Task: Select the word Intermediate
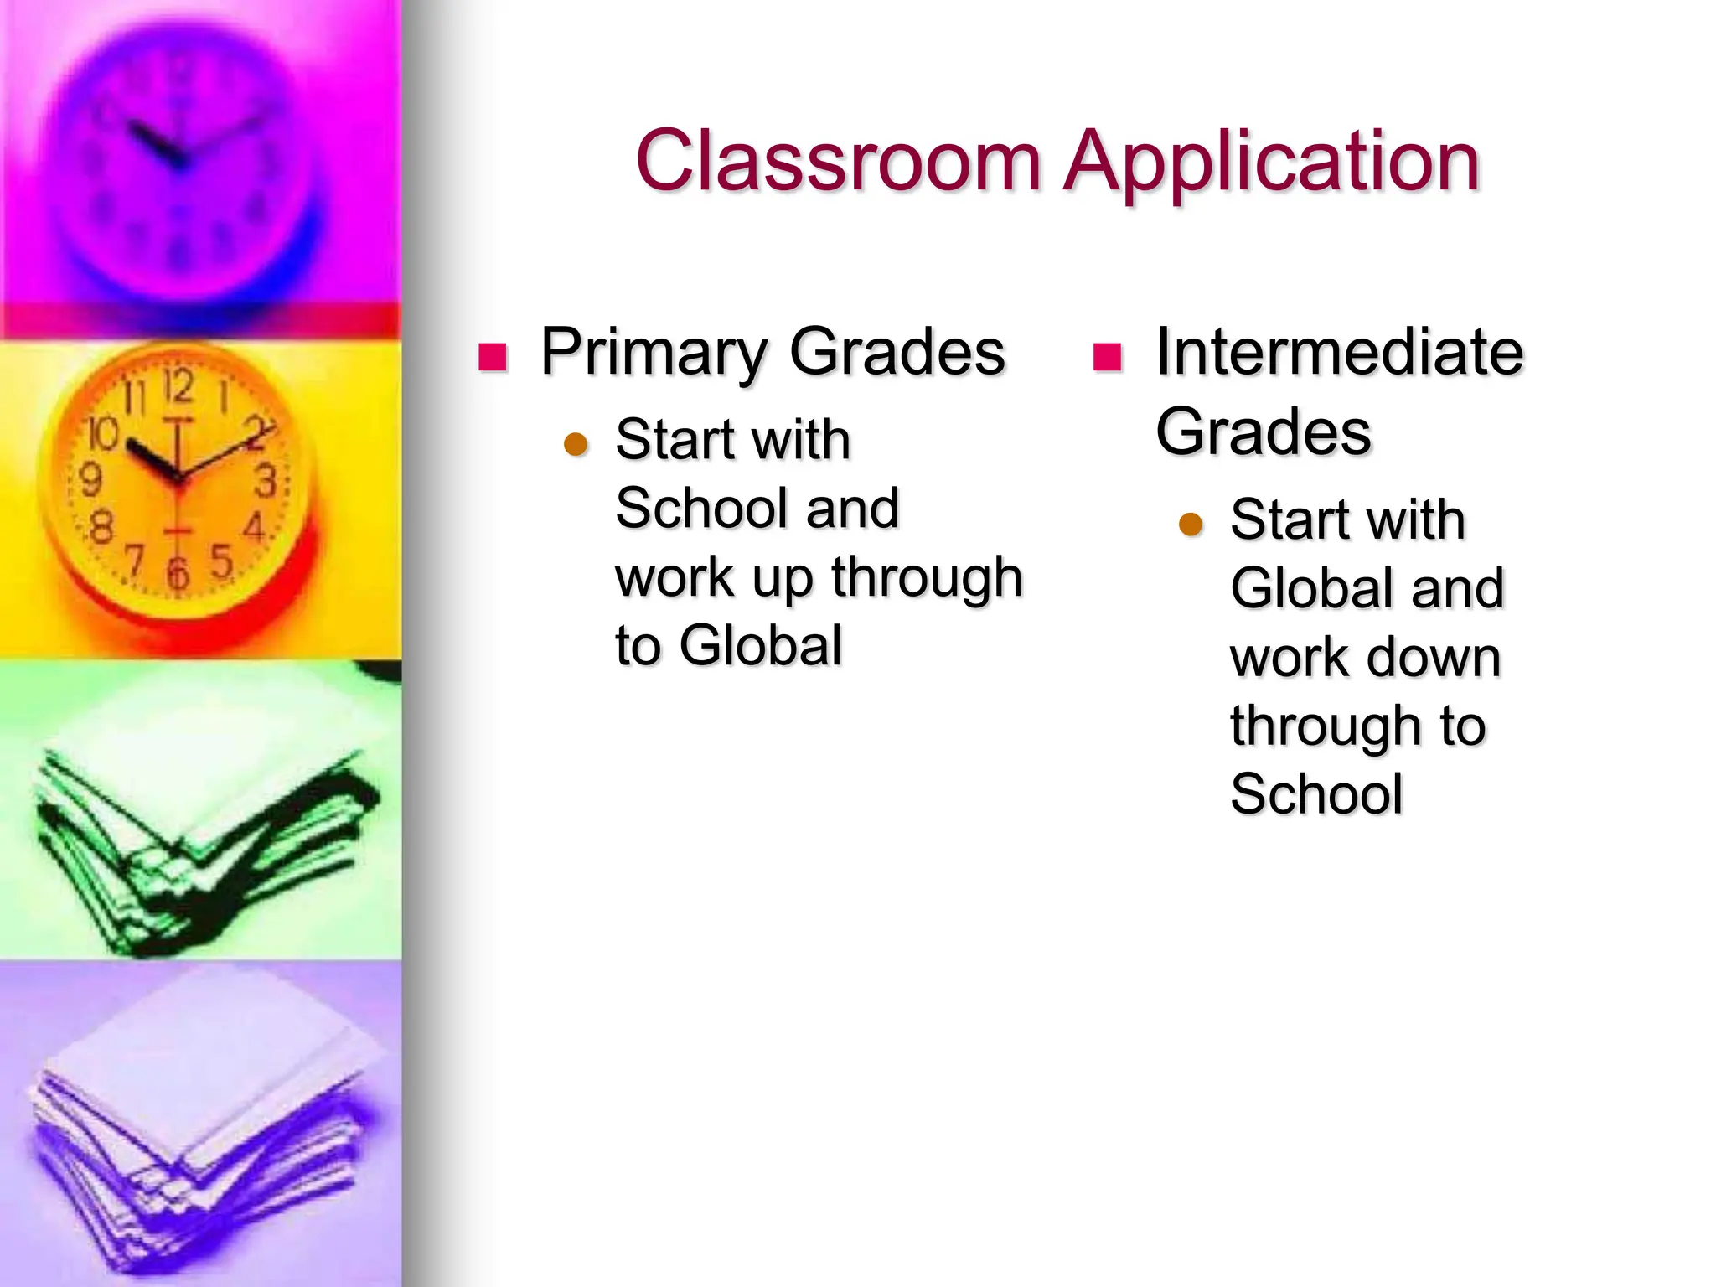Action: click(1339, 352)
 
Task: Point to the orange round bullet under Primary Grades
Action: click(576, 443)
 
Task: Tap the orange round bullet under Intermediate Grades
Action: click(1191, 524)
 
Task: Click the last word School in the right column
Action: click(1316, 794)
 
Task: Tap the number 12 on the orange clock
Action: click(178, 387)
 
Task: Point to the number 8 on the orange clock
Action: click(101, 528)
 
